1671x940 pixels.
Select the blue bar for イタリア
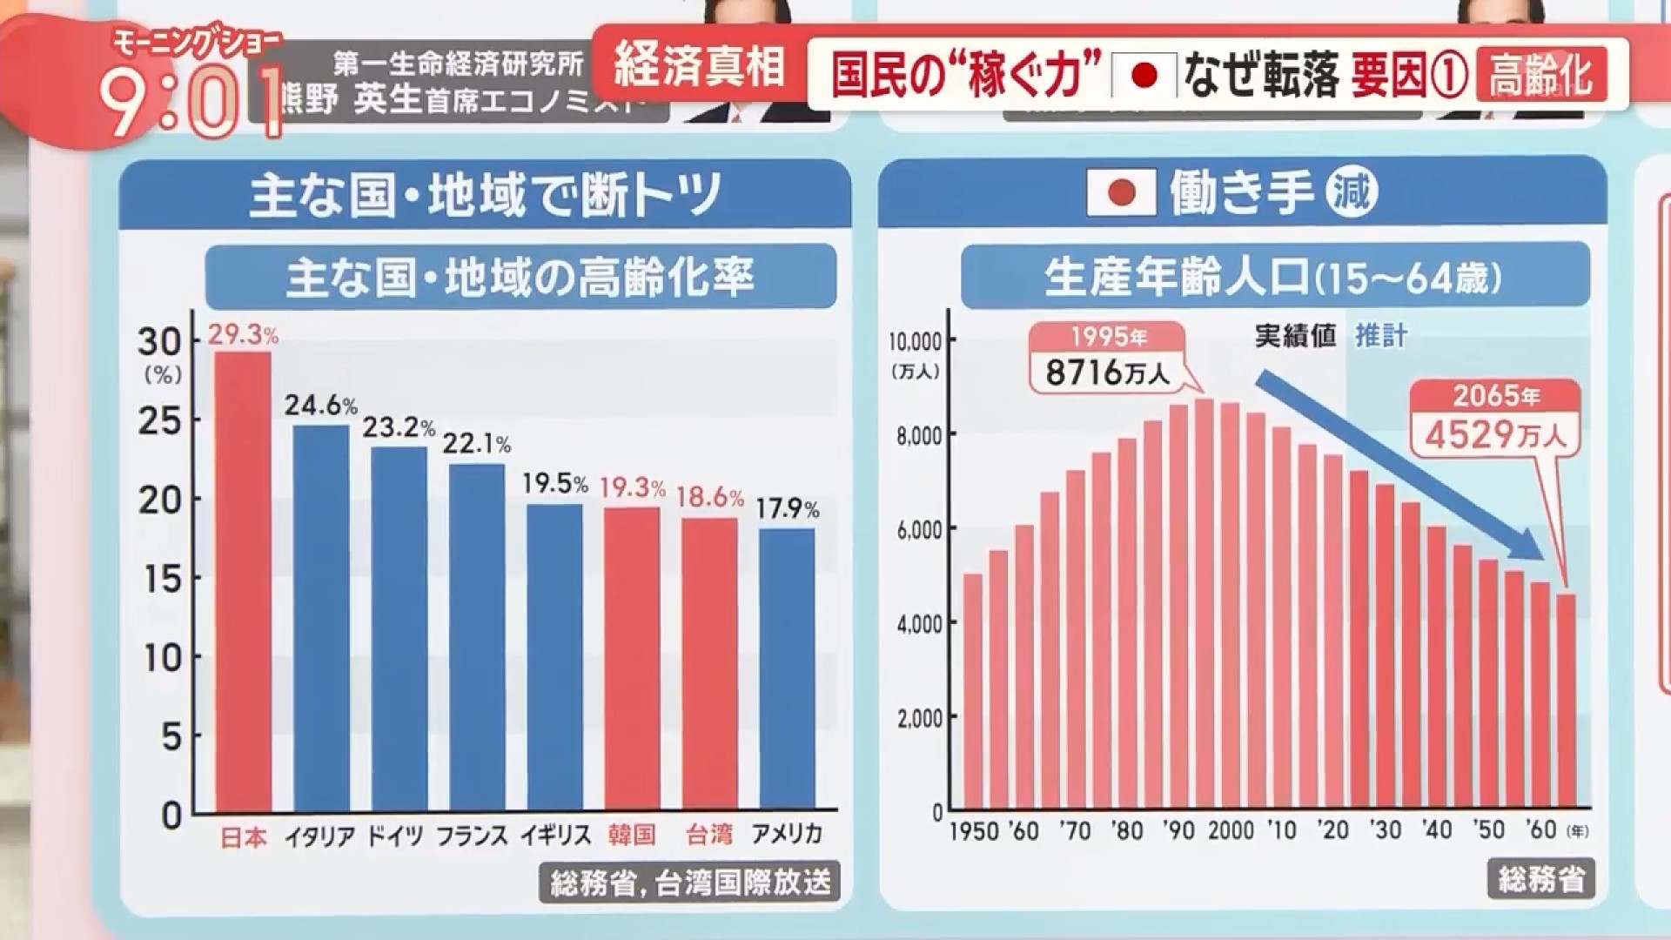[x=320, y=618]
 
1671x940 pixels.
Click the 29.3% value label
[x=243, y=335]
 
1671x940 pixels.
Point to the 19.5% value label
[x=555, y=484]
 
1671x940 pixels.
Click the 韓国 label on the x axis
[x=632, y=835]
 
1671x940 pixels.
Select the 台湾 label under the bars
[x=709, y=835]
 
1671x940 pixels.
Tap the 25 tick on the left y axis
[x=160, y=421]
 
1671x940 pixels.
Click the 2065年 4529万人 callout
[x=1495, y=418]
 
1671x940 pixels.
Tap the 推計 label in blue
[x=1380, y=336]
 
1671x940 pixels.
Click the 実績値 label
[x=1295, y=336]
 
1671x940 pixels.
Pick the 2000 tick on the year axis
[x=1231, y=830]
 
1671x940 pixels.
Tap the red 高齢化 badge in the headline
[x=1540, y=75]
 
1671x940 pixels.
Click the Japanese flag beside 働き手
[x=1121, y=192]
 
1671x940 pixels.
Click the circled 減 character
[x=1352, y=191]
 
